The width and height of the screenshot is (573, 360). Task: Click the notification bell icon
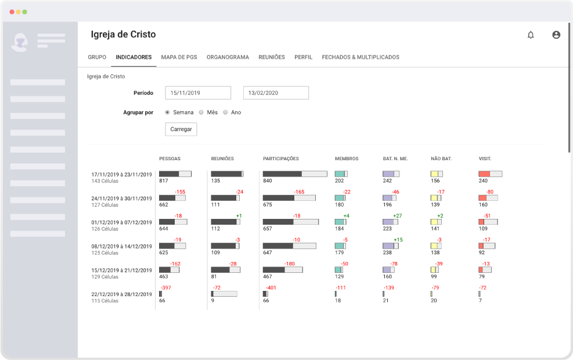531,35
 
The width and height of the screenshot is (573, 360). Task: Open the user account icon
556,35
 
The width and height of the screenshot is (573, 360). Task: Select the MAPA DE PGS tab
179,57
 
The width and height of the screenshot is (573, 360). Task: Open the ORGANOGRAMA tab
228,57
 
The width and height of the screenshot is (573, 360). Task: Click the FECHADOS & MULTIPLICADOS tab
361,57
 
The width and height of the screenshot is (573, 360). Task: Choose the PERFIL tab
303,57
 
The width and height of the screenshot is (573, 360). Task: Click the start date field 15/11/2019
198,93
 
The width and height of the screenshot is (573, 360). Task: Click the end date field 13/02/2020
276,93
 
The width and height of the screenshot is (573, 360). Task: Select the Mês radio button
201,112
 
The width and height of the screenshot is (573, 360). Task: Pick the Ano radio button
225,112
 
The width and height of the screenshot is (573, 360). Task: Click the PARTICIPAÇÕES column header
281,159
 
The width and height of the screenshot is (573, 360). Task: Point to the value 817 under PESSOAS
164,181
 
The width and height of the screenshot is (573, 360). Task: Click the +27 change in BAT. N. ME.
397,215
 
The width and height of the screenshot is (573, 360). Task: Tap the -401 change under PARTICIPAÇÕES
271,287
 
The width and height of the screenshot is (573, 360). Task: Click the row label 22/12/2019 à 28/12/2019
122,294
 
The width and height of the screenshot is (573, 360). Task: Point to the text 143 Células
105,181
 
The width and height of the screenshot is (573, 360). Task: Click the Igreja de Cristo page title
123,34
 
